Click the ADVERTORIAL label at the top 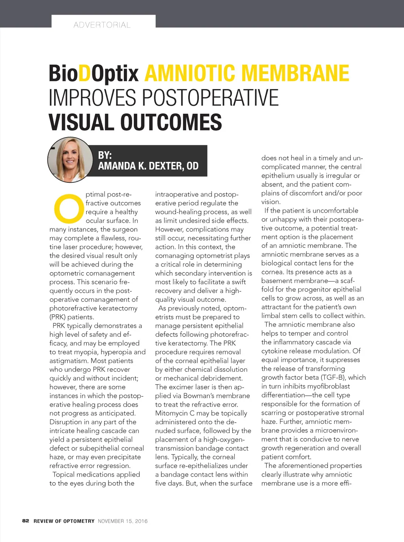coord(102,25)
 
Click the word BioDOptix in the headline coord(94,74)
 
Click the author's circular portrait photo coord(70,160)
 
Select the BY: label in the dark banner coord(105,155)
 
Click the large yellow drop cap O coord(69,208)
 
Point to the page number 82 coord(26,521)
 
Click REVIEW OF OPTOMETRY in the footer coord(64,521)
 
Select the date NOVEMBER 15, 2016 coord(123,521)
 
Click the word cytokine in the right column coord(276,351)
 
